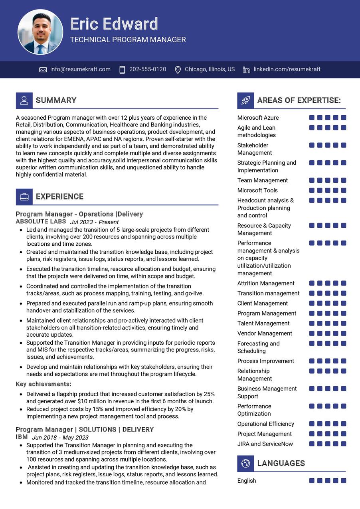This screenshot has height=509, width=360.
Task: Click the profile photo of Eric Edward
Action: tap(40, 32)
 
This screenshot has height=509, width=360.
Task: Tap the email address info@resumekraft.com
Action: tap(80, 69)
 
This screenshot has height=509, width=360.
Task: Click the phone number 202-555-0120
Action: tap(148, 69)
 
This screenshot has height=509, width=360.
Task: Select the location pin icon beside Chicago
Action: tap(178, 70)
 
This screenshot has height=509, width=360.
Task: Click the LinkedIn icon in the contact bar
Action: tap(246, 70)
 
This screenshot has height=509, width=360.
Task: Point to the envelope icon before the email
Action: tap(43, 70)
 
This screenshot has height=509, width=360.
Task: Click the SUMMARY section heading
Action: tap(56, 101)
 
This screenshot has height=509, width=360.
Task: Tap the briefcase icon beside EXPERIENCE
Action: tap(24, 197)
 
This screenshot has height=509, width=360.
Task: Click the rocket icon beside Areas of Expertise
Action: tap(245, 101)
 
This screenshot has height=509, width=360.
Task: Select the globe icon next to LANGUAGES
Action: tap(245, 464)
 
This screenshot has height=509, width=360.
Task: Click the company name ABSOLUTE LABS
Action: tap(41, 221)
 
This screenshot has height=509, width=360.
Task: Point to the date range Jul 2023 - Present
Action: tap(94, 222)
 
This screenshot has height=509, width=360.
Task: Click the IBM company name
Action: tap(22, 437)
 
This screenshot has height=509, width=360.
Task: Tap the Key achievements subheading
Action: tap(44, 384)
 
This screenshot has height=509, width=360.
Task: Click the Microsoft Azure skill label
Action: tap(258, 118)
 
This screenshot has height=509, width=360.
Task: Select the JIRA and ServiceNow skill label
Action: tap(265, 444)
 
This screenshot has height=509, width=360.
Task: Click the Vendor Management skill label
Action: tap(265, 333)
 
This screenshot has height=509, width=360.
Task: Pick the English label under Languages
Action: tap(247, 481)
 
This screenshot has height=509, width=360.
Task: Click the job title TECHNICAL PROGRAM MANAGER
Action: tap(128, 40)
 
